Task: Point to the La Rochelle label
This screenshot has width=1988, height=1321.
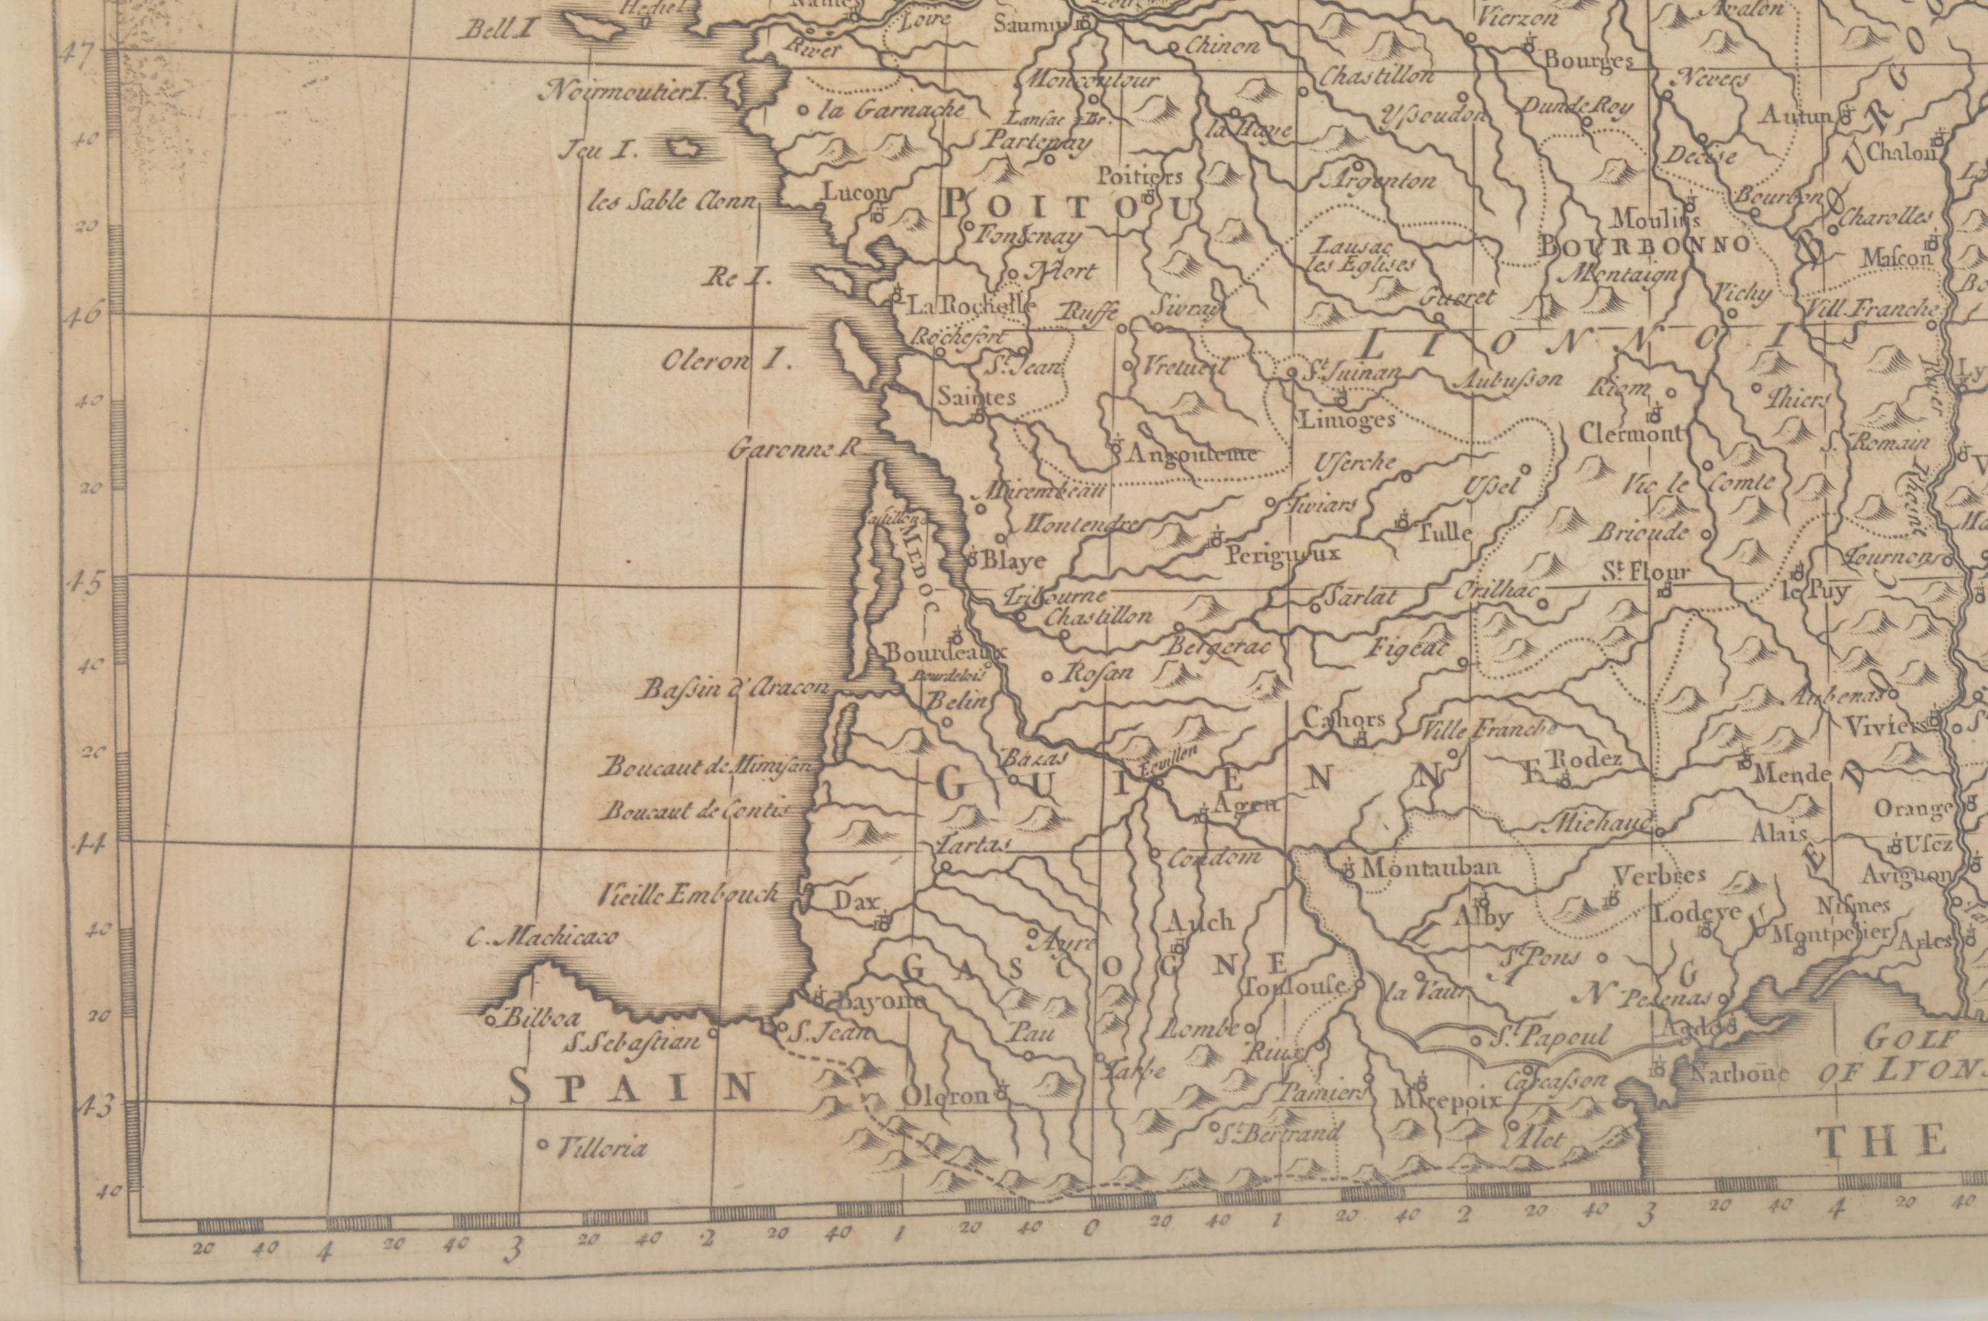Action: coord(969,305)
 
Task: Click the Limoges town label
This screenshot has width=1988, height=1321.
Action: coord(1348,419)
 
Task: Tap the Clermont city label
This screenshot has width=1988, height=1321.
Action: coord(1630,434)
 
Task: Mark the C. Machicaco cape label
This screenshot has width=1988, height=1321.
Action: coord(543,937)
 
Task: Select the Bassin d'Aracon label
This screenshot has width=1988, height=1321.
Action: coord(733,689)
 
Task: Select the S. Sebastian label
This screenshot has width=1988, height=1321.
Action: coord(632,1043)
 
